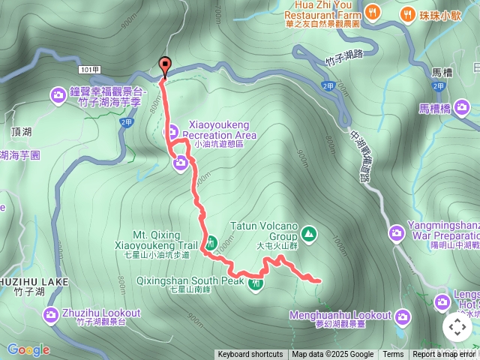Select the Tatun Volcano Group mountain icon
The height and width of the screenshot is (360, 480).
pos(309,235)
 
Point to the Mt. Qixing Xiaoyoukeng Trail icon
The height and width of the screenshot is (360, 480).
pos(211,243)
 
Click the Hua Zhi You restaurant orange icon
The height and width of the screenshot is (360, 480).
pos(373,13)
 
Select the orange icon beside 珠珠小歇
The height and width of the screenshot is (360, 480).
pos(408,13)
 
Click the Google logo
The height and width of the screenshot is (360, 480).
pos(28,349)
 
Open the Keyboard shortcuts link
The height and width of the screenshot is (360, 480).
pos(250,355)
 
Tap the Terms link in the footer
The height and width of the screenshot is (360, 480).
pos(393,355)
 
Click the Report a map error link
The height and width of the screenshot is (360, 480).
pos(445,355)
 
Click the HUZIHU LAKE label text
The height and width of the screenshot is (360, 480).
pos(34,282)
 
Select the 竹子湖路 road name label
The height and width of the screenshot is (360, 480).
pos(344,53)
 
